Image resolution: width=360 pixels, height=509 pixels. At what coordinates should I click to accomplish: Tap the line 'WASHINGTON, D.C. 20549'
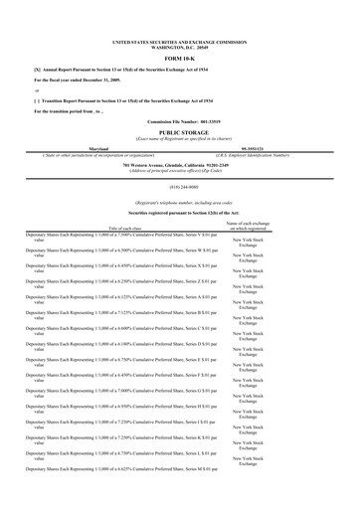(180, 49)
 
